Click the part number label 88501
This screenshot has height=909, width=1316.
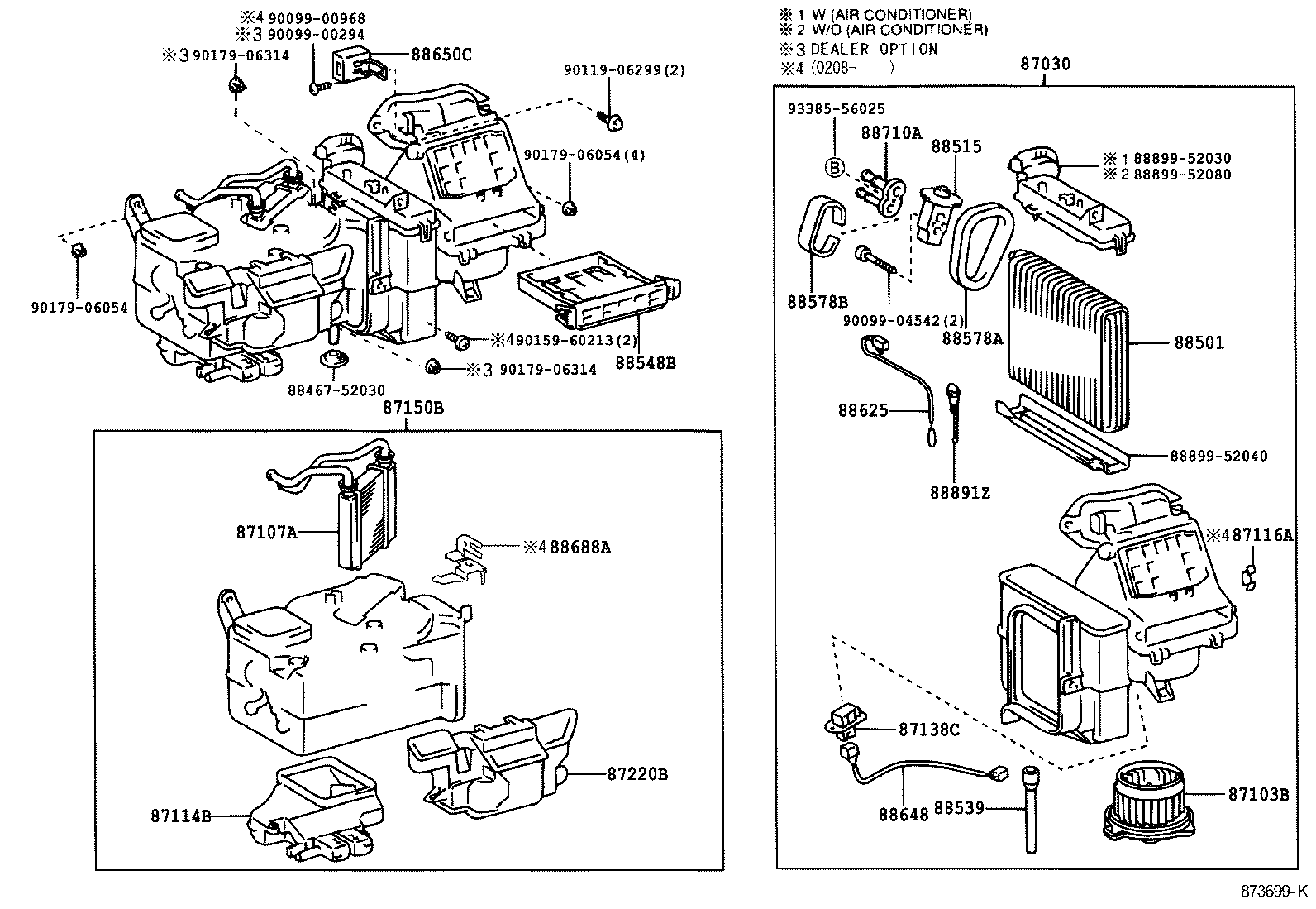coord(1199,342)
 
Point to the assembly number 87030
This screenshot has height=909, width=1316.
coord(1045,64)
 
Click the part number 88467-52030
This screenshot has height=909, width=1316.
coord(336,390)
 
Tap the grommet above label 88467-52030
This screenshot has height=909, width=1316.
coord(334,362)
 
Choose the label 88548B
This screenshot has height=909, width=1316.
coord(645,362)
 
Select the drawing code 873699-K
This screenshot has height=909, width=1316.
coord(1274,892)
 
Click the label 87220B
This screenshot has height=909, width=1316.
coord(637,774)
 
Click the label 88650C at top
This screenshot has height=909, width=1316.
coord(441,55)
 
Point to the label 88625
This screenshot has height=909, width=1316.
coord(863,410)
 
